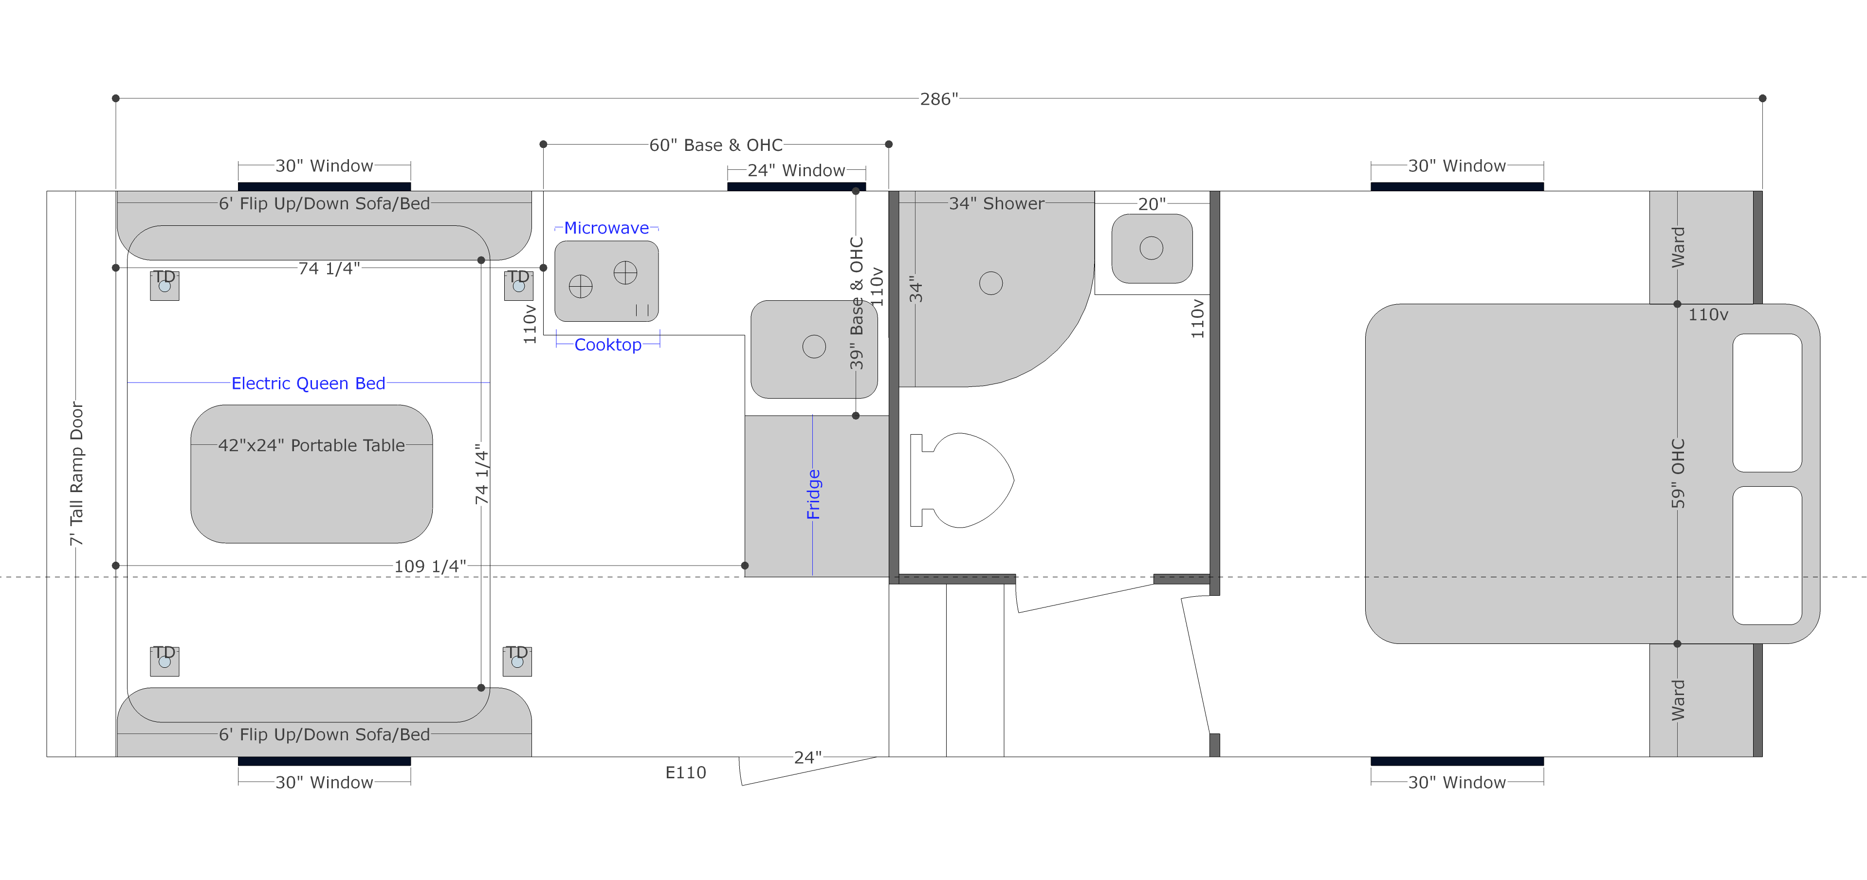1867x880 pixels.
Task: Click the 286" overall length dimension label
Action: [938, 99]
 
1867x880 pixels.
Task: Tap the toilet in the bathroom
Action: [962, 480]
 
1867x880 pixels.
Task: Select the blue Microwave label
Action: [606, 228]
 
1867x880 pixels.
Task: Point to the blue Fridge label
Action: [813, 495]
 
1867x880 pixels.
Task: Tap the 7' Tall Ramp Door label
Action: [76, 474]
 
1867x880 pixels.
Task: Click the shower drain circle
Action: [991, 283]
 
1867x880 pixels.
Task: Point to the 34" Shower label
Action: [997, 203]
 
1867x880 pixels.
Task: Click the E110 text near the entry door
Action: [686, 773]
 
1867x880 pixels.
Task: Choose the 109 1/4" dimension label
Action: [430, 566]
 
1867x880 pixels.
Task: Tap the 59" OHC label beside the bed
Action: [1678, 474]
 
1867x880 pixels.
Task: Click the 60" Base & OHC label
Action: [716, 145]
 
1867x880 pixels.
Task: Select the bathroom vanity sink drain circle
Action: [1151, 248]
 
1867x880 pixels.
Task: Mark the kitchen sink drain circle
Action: [814, 347]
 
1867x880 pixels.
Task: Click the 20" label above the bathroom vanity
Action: [1152, 204]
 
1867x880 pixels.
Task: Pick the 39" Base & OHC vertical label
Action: [857, 303]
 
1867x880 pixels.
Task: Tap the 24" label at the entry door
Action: [807, 757]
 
